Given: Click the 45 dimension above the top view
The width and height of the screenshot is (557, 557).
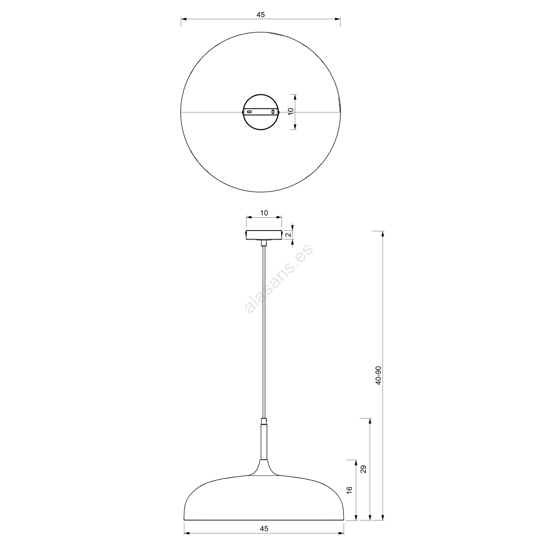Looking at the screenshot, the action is pyautogui.click(x=260, y=15).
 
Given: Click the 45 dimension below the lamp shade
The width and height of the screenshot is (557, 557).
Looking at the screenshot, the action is pyautogui.click(x=264, y=538).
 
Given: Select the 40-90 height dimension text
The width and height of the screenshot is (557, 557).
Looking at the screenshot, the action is pyautogui.click(x=379, y=375).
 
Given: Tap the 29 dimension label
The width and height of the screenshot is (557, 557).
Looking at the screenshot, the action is pyautogui.click(x=364, y=469).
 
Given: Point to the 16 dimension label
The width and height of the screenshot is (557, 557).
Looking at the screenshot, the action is pyautogui.click(x=350, y=489).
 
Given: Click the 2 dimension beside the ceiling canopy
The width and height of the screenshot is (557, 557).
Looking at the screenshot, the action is pyautogui.click(x=288, y=235).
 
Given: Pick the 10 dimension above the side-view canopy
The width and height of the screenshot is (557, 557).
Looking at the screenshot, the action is pyautogui.click(x=264, y=213).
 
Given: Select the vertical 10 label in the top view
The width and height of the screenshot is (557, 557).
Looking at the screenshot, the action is pyautogui.click(x=291, y=111).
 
